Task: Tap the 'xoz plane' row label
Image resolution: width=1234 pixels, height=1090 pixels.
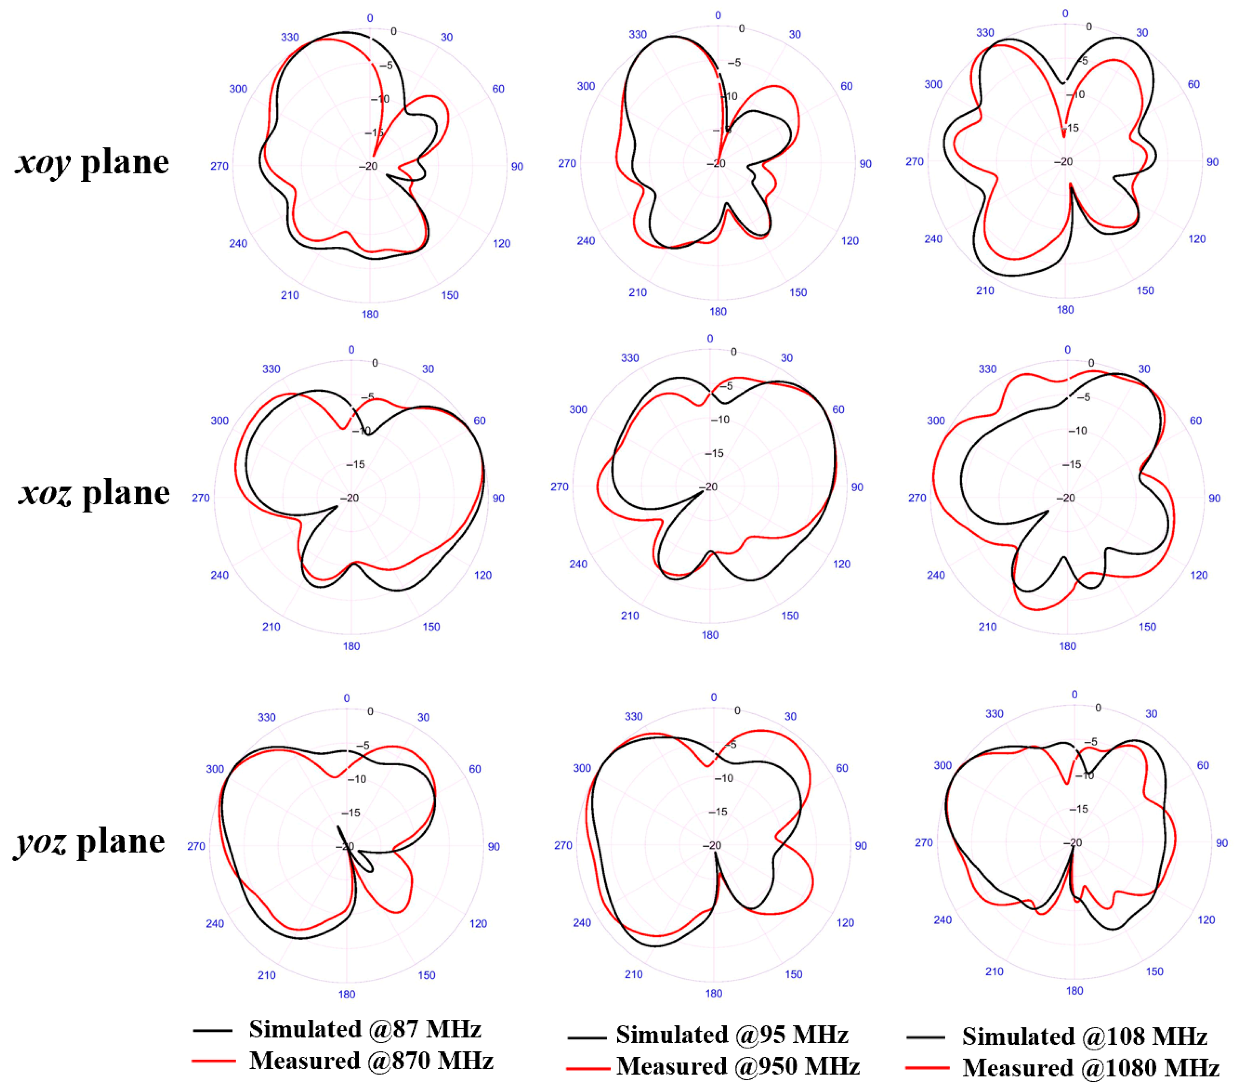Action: click(94, 493)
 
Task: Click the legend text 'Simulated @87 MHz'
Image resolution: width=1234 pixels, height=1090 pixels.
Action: click(365, 1029)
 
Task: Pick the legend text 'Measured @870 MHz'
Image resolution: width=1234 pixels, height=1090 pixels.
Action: click(371, 1061)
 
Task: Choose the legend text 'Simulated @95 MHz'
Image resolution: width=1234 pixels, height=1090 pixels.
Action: click(732, 1035)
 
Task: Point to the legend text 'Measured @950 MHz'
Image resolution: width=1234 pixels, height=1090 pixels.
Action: click(738, 1067)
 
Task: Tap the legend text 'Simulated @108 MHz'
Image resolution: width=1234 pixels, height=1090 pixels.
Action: click(1084, 1036)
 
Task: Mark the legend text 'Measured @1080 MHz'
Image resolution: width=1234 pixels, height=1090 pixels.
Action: click(1090, 1068)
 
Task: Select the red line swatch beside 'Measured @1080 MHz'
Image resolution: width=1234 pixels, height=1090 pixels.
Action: click(927, 1068)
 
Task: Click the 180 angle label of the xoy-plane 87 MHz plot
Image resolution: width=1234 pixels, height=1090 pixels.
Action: click(370, 315)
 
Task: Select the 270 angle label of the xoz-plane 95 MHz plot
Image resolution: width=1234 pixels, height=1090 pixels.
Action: click(559, 487)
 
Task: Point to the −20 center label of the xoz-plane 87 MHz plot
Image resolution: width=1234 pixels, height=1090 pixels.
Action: click(349, 498)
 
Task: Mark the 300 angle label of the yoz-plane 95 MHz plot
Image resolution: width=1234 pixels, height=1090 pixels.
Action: click(582, 768)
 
